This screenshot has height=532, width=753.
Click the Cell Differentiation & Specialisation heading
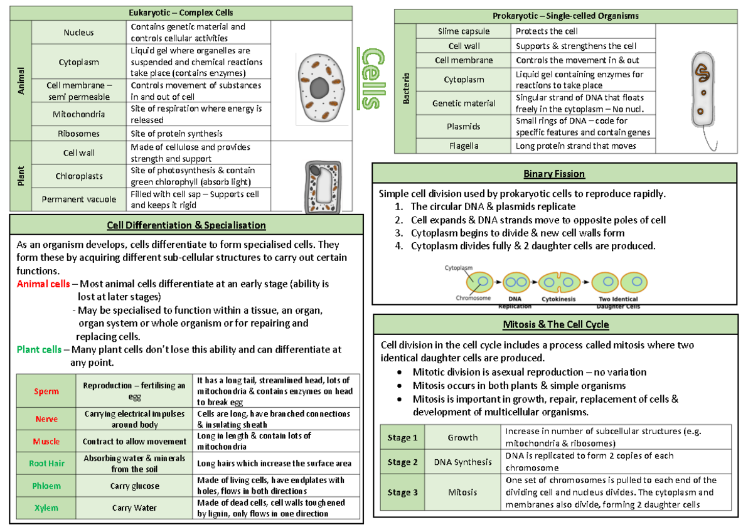[x=186, y=225]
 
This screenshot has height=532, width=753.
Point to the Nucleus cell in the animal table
[x=78, y=33]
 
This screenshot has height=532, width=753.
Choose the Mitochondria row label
[x=78, y=114]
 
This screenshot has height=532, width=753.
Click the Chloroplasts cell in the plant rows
[x=78, y=176]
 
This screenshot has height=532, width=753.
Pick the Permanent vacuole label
[x=78, y=199]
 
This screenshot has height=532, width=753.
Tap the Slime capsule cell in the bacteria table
[x=464, y=31]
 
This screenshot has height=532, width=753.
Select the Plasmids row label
[x=464, y=126]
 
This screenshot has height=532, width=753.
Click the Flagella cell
[x=464, y=146]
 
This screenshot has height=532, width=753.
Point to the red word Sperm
[x=46, y=391]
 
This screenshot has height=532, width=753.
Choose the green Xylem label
[x=46, y=508]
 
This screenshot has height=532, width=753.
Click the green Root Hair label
[x=46, y=464]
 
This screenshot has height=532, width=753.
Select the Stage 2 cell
[x=402, y=462]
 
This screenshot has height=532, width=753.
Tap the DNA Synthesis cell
[x=462, y=462]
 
